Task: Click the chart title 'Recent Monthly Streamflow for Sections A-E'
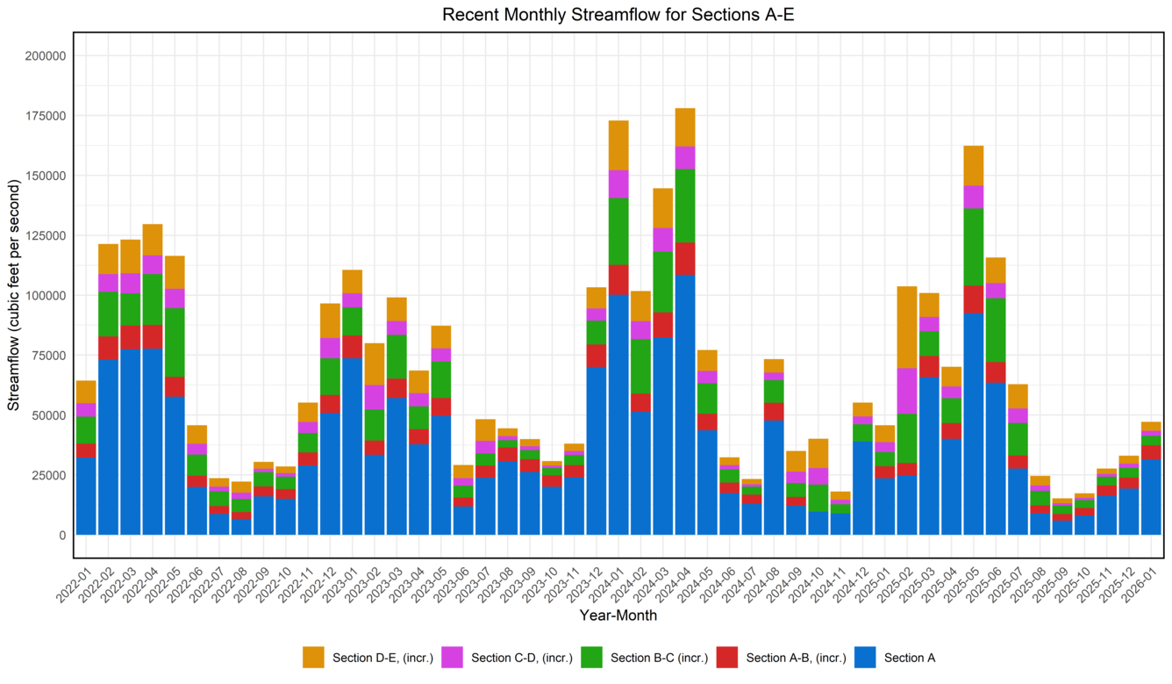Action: click(x=618, y=14)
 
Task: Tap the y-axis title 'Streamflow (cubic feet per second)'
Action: click(x=13, y=295)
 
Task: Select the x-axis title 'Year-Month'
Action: click(x=618, y=616)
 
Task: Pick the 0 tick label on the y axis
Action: click(x=61, y=535)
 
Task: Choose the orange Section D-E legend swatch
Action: click(x=313, y=658)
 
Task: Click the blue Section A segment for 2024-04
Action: click(x=685, y=405)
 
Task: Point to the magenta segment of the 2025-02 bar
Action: click(x=907, y=391)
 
